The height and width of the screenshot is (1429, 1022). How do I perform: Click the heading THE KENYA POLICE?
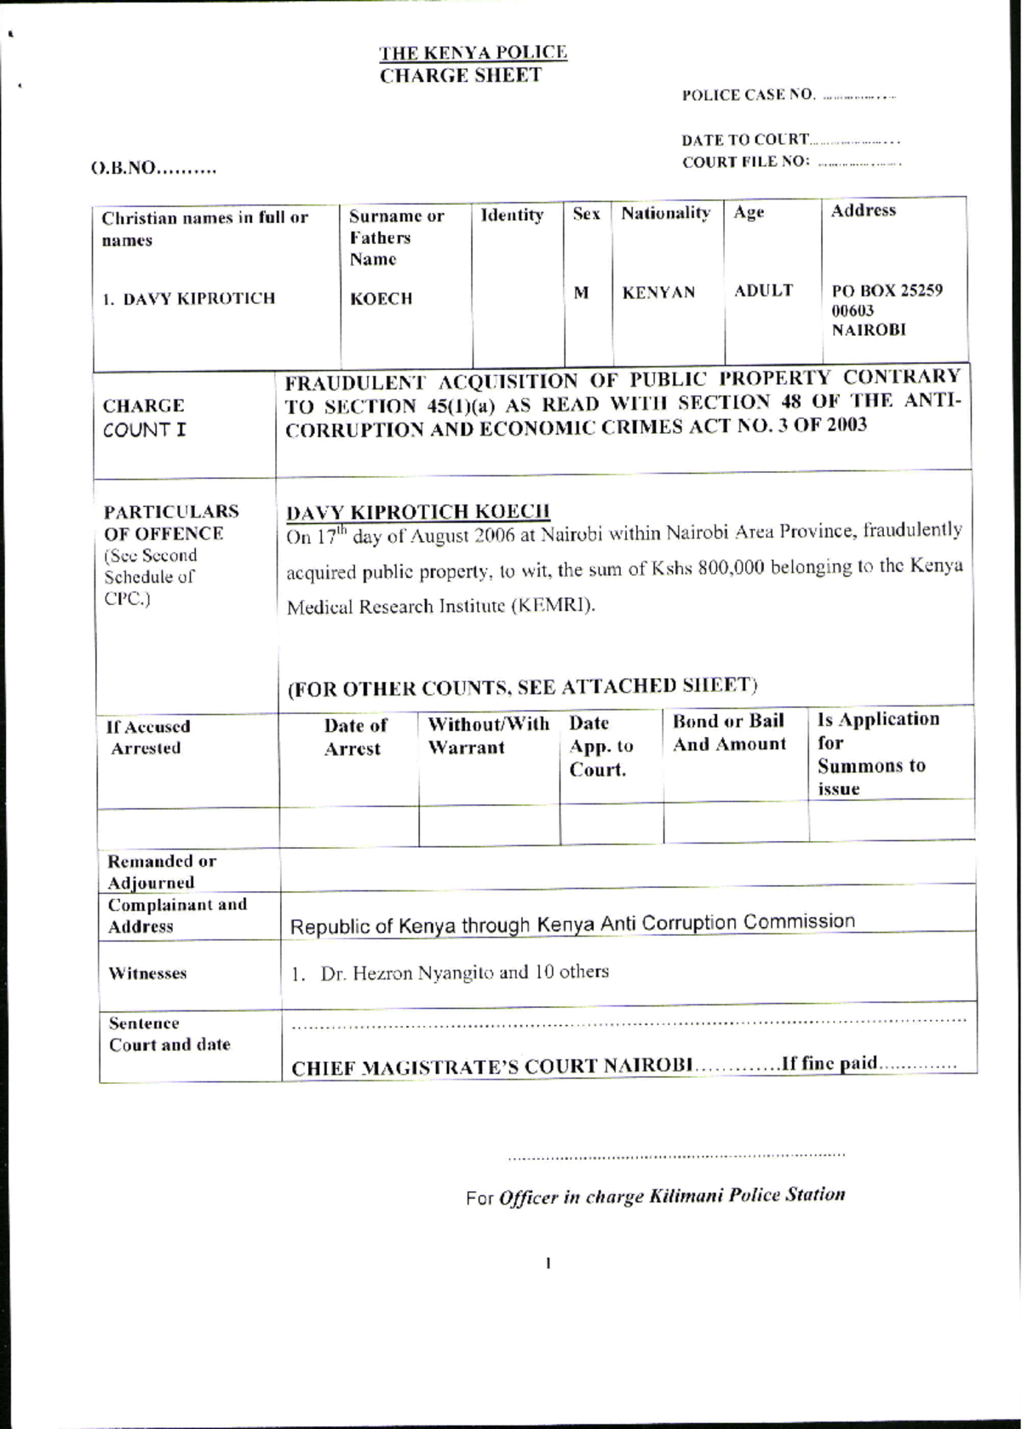[x=473, y=53]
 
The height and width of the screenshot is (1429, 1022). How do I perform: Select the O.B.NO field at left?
[x=153, y=169]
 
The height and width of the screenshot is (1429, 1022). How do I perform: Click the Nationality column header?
[x=665, y=213]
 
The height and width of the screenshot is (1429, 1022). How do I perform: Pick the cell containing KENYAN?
[x=658, y=292]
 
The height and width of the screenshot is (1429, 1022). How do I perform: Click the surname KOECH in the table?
[x=381, y=298]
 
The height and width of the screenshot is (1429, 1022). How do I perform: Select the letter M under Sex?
[x=581, y=292]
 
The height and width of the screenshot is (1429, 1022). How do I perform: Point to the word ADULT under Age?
[x=763, y=291]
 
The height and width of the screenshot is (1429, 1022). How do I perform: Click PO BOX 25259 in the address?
[x=887, y=290]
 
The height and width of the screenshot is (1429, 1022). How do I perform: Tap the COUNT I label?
[x=144, y=430]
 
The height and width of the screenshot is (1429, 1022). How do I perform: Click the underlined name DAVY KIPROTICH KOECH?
[x=417, y=511]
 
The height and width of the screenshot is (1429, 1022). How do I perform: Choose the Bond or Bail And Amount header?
[x=729, y=733]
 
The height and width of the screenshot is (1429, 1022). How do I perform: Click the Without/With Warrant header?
[x=488, y=735]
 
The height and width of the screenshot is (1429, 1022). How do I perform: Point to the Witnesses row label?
[x=147, y=973]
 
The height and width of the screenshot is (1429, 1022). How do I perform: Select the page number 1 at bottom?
[x=548, y=1264]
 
